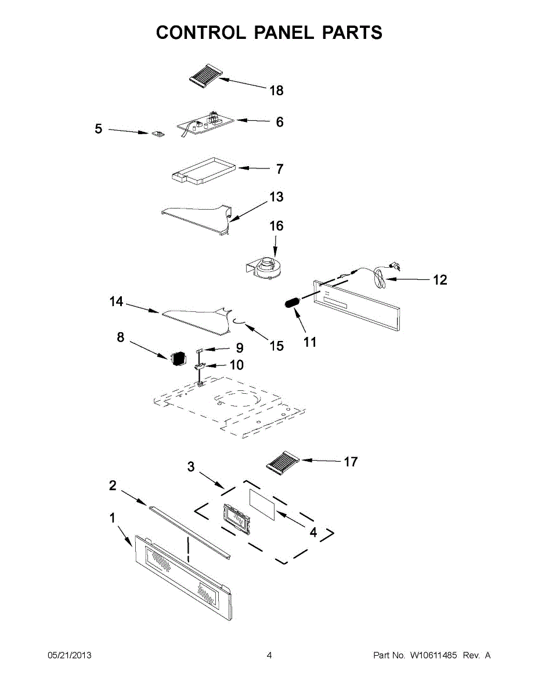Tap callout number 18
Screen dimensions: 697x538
(x=276, y=91)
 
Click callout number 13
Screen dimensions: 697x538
(x=276, y=197)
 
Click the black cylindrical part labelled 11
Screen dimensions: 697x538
(x=292, y=304)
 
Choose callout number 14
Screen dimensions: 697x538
(x=117, y=301)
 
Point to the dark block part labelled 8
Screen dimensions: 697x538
(x=177, y=358)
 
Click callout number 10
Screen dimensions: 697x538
(x=236, y=365)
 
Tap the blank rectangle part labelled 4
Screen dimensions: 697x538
(x=261, y=502)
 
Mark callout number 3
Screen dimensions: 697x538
(x=191, y=466)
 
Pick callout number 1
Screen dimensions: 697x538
(x=113, y=518)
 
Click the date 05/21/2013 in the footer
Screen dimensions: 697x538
(x=69, y=656)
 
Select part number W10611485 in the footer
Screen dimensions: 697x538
(x=433, y=656)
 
